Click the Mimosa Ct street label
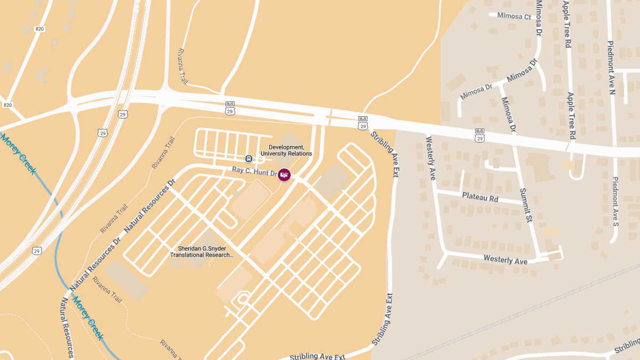(514, 17)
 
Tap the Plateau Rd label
(480, 198)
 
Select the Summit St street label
(526, 206)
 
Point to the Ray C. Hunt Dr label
(255, 171)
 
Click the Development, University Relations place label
(286, 150)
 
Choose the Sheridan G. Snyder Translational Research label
(202, 252)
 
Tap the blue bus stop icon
(249, 158)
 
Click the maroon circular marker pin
(285, 174)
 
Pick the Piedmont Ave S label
(615, 202)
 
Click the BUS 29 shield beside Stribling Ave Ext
(363, 123)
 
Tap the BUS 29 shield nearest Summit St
(479, 135)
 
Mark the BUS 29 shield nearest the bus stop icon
(230, 108)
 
